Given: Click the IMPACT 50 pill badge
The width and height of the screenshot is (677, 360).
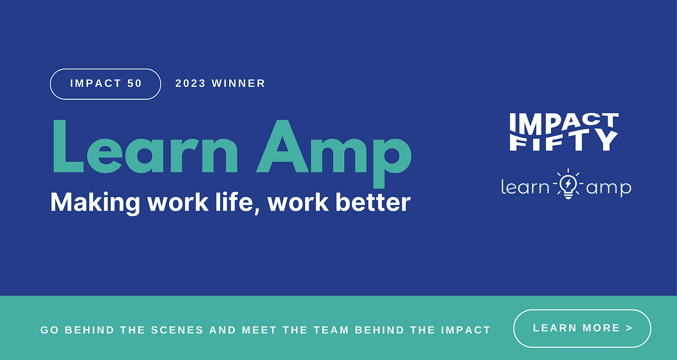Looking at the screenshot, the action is (x=105, y=84).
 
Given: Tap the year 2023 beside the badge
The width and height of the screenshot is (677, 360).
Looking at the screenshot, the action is (x=190, y=84).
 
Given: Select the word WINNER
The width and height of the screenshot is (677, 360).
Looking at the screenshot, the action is (x=238, y=84).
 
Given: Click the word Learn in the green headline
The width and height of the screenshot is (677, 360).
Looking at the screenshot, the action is (x=146, y=146).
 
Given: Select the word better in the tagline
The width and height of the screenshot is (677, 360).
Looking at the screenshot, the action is (x=373, y=202).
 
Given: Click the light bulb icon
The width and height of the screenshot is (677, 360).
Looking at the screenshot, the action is (x=568, y=184).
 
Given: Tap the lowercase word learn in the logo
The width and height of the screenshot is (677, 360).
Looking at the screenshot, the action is (x=525, y=187).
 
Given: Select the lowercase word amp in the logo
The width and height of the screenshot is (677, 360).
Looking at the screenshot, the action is (x=609, y=189).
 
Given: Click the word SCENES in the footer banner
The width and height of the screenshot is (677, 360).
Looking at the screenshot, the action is (x=178, y=330).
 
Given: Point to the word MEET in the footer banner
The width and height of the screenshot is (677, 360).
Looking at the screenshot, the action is (x=260, y=330).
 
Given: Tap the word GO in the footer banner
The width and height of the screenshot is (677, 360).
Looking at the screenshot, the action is (x=50, y=330).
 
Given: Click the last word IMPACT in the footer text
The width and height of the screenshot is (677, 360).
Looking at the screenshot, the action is (x=466, y=330).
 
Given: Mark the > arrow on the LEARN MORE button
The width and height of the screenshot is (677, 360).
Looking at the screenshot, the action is (x=629, y=328).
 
